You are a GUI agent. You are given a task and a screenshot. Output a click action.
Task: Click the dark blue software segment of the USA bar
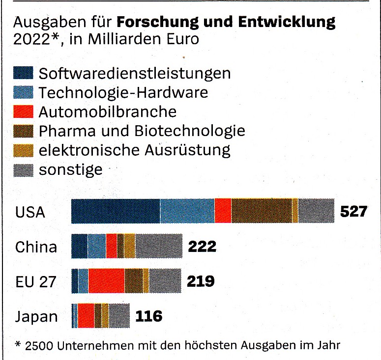(116, 211)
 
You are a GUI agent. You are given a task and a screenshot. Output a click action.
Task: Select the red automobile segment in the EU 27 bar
(106, 281)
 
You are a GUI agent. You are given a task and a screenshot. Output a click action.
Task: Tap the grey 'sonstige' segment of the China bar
(159, 246)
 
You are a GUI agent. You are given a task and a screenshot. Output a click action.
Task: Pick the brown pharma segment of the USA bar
(262, 211)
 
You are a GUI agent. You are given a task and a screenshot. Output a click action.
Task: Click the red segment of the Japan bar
(86, 316)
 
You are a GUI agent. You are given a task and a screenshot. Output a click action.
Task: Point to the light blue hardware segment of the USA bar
(187, 211)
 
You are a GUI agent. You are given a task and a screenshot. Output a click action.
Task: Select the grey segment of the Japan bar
(119, 316)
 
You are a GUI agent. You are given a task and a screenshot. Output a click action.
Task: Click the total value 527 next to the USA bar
(353, 211)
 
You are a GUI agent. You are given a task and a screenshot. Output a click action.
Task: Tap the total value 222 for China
(202, 247)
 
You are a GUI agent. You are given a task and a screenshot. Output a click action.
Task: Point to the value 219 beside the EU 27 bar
(201, 281)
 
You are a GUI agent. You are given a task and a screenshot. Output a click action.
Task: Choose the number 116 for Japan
(148, 316)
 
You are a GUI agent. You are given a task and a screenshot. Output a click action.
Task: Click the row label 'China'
(36, 247)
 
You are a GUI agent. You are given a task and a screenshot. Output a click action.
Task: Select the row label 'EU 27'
(36, 282)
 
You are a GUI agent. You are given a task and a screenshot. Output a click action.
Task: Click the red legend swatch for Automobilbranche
(23, 111)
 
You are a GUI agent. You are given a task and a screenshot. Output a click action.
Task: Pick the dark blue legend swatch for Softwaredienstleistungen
(23, 73)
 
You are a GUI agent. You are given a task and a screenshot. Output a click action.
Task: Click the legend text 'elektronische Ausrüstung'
(134, 150)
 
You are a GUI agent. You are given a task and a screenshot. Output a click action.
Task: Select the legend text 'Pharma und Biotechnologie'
(142, 131)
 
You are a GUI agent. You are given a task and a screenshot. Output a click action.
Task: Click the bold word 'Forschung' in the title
(157, 22)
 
